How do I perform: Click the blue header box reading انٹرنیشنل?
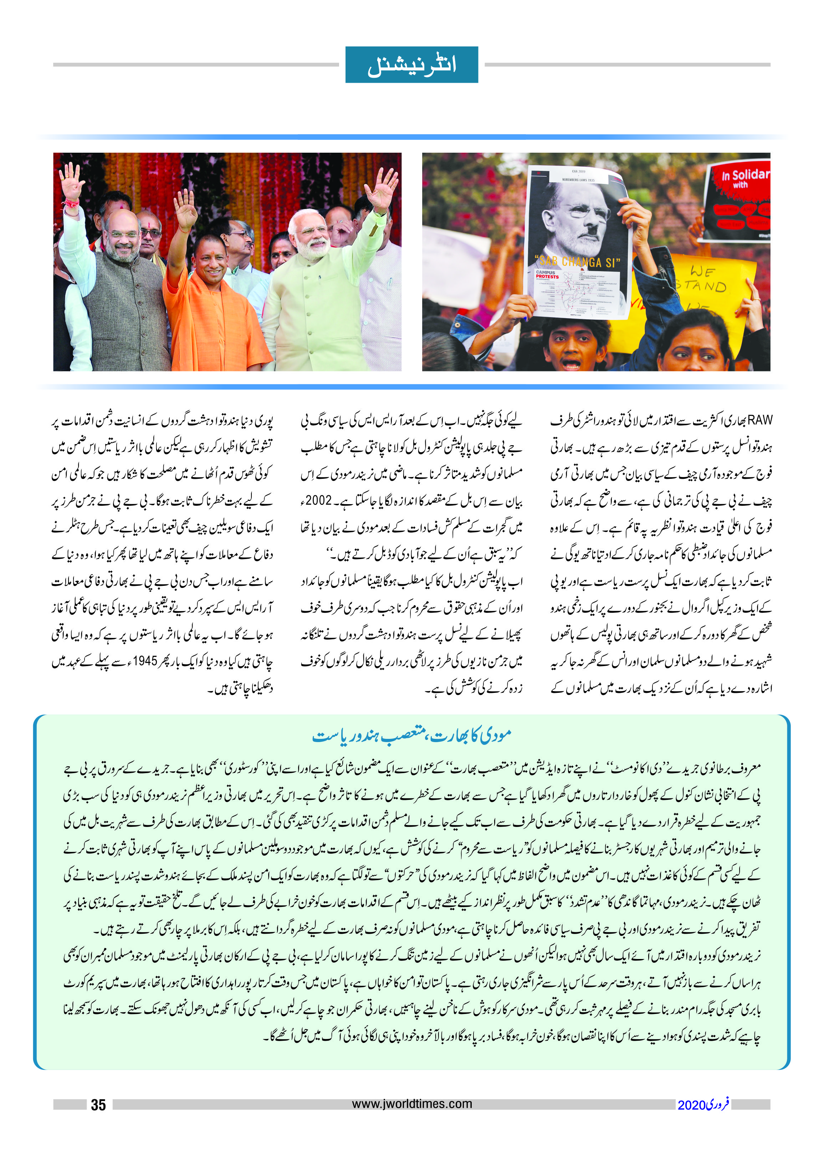pos(411,65)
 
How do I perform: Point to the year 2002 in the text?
pos(319,501)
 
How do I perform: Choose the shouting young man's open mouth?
pos(571,364)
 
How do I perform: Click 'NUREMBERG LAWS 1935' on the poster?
pos(578,180)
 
